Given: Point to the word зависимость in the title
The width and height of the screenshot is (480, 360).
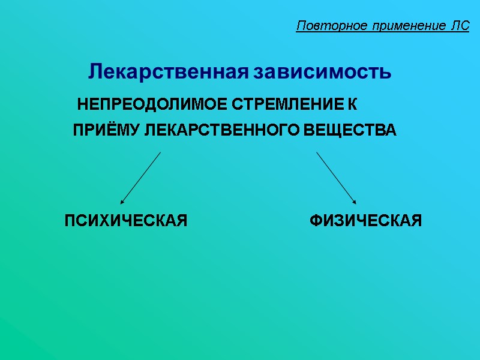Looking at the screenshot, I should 322,72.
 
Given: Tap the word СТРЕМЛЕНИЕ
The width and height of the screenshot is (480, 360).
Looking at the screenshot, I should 287,105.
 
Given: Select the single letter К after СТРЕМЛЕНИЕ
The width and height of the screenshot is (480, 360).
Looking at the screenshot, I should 353,105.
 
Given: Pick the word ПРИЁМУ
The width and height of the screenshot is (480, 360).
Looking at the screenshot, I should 107,130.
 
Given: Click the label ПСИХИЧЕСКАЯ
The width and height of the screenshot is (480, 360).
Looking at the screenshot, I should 126,221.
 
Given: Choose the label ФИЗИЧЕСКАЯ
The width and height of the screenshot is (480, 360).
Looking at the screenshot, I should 365,221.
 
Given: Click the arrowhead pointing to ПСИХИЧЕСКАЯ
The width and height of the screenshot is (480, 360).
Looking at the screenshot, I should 122,202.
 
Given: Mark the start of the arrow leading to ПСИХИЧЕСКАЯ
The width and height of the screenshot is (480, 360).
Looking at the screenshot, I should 160,153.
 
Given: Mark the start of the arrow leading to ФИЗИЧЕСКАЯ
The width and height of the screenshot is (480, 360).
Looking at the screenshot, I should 317,153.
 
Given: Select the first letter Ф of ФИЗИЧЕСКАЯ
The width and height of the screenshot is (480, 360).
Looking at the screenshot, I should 315,221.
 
